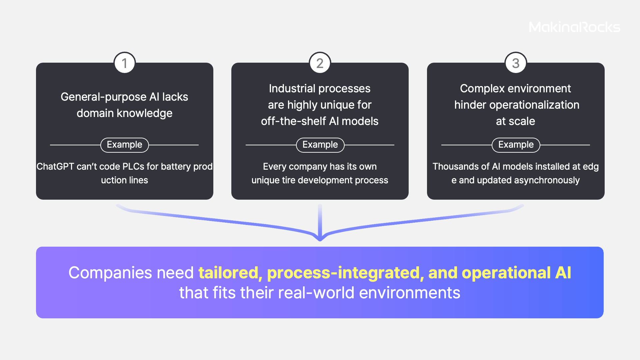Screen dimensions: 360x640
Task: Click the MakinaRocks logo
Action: [x=574, y=27]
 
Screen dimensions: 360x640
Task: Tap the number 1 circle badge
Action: [x=125, y=63]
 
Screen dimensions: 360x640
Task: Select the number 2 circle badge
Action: [x=320, y=63]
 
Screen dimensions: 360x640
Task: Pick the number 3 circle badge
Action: [x=516, y=63]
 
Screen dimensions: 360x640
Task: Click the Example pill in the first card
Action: [x=125, y=145]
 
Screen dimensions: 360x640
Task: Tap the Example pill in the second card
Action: [x=320, y=145]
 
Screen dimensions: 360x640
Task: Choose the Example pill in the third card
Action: [x=516, y=145]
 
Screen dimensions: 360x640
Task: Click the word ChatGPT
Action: [x=55, y=166]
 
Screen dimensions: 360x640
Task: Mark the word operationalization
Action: [x=534, y=105]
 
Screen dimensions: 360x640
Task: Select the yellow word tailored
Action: [x=228, y=273]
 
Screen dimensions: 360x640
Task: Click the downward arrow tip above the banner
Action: [x=320, y=239]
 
